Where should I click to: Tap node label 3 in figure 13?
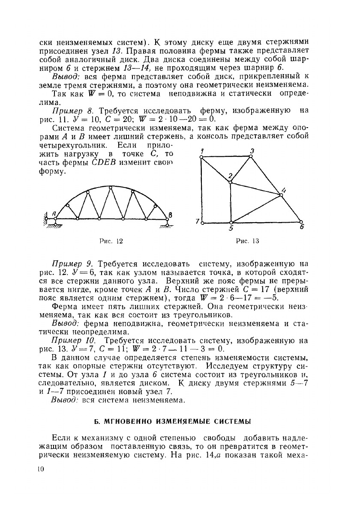tap(252, 150)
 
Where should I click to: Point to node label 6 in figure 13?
tap(301, 228)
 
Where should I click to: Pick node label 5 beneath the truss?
tap(231, 229)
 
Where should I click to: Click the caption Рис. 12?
tap(111, 241)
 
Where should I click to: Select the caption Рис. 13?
tap(248, 241)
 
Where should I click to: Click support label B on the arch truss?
tap(170, 215)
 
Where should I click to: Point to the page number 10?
tap(41, 469)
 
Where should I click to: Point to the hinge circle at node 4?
tap(281, 195)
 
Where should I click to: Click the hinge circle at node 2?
tap(231, 183)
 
